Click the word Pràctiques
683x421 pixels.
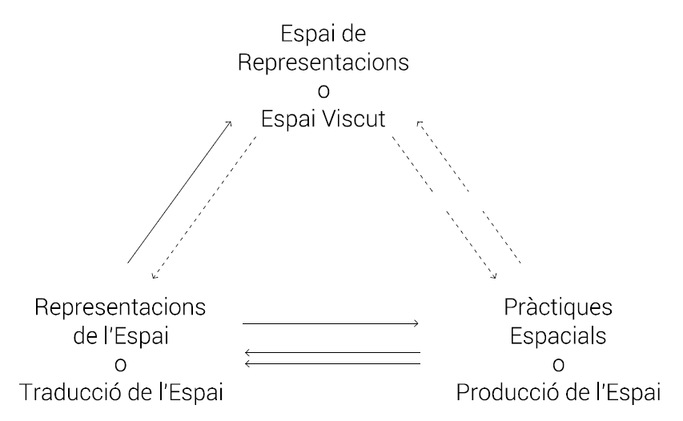(x=558, y=307)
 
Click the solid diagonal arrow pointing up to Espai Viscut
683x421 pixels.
(x=179, y=192)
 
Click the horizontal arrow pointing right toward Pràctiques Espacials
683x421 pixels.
(x=330, y=323)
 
